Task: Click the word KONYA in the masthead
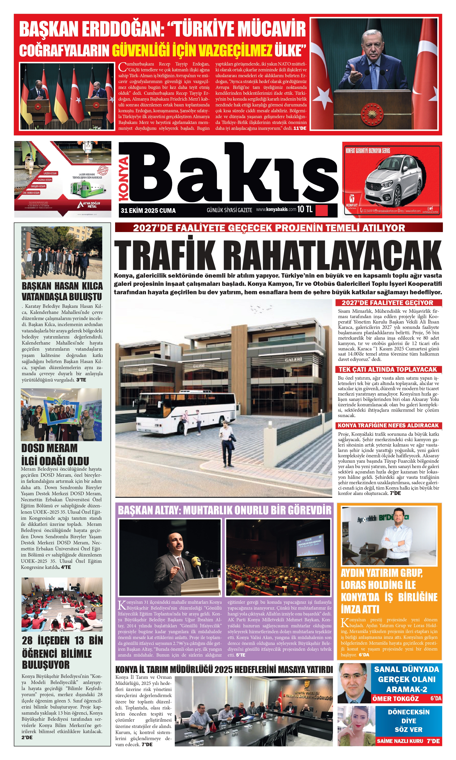[124, 178]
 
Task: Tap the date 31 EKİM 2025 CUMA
[148, 211]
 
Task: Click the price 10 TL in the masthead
[305, 210]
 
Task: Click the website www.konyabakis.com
[276, 210]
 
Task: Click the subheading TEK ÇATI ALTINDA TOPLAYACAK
[388, 369]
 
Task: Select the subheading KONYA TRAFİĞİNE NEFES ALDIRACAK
[388, 425]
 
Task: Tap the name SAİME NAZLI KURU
[400, 741]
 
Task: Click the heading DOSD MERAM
[49, 448]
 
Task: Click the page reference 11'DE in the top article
[300, 128]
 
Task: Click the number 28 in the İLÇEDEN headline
[27, 641]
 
